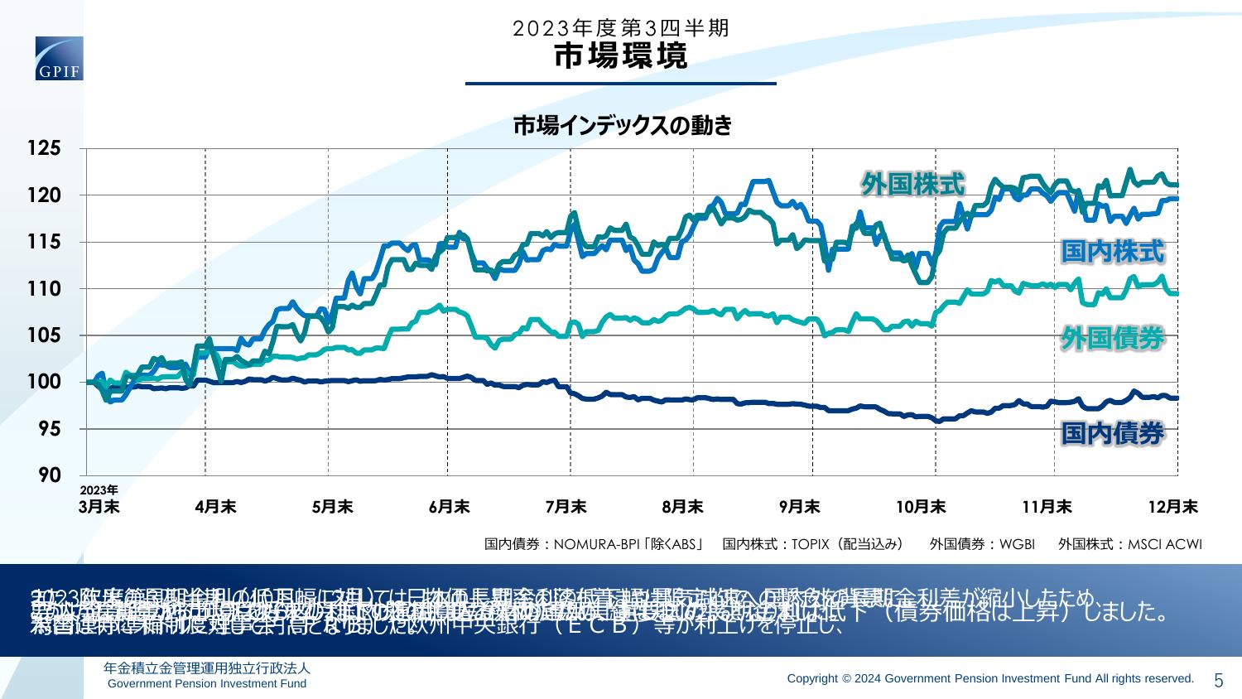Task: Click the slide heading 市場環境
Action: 620,55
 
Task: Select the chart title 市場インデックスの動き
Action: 622,126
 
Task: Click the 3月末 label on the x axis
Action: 99,506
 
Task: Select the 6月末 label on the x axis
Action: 449,506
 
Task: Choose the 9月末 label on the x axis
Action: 799,506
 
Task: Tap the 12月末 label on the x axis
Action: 1177,506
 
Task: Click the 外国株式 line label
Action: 912,184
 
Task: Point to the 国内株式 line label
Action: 1113,252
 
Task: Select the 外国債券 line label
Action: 1113,338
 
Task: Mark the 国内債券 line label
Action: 1113,433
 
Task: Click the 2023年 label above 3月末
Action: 99,489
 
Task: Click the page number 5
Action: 1218,681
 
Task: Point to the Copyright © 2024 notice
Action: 990,678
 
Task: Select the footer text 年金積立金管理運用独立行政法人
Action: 207,668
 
